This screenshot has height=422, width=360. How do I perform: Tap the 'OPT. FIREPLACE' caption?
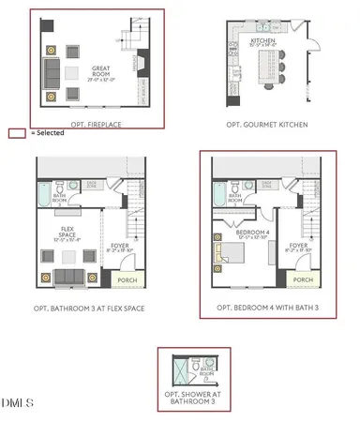coord(97,124)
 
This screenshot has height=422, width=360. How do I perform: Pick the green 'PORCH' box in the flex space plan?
coord(125,279)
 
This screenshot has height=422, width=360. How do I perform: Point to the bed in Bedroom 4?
coord(237,253)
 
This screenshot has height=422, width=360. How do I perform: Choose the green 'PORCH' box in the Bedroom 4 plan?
coord(302,279)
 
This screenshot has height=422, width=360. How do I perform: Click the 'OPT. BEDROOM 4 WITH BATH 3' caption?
coord(265,308)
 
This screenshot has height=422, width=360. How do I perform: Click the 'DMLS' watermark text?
coord(18,404)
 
